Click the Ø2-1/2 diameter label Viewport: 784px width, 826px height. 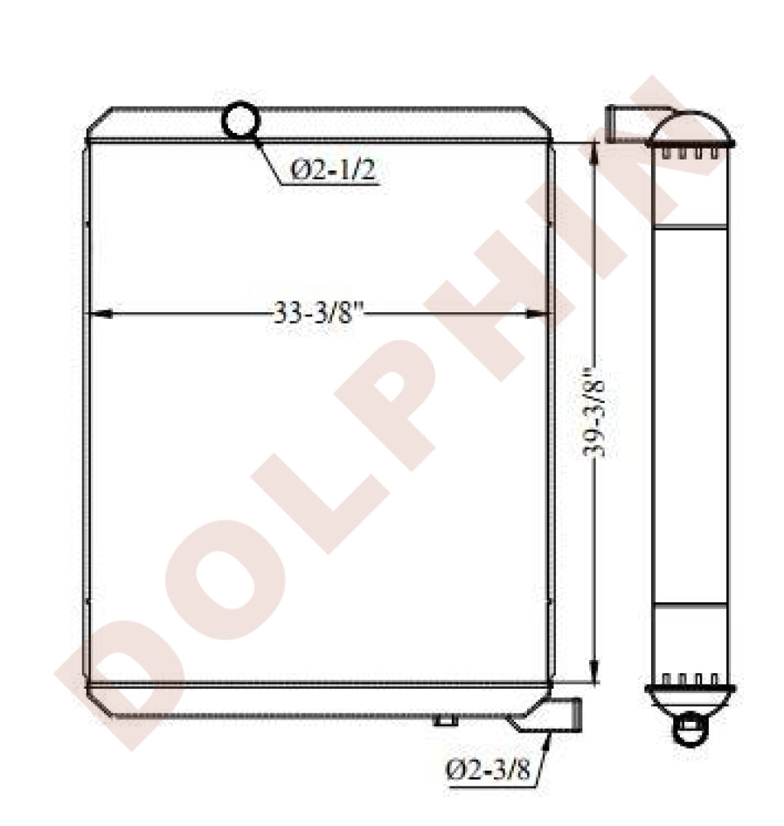334,170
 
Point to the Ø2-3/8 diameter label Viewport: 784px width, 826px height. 487,770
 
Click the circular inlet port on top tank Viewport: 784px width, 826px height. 240,120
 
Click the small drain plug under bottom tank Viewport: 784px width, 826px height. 445,720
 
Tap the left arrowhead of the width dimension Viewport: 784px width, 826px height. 101,313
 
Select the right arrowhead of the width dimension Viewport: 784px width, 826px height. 538,313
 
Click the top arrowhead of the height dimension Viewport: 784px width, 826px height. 594,154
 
